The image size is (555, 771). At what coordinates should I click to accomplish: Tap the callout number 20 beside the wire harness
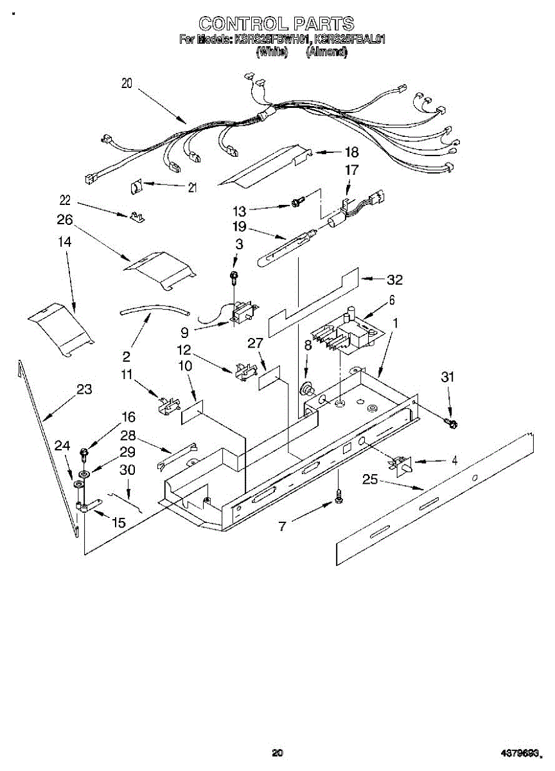click(x=127, y=83)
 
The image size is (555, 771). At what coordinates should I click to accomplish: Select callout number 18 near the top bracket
click(x=351, y=153)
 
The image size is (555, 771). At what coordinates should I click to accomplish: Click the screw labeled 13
click(x=296, y=202)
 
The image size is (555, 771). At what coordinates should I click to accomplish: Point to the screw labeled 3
click(x=234, y=277)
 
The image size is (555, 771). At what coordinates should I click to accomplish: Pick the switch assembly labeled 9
click(x=242, y=313)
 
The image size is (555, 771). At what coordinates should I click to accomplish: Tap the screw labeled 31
click(x=452, y=423)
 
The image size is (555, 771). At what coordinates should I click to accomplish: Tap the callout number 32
click(x=394, y=279)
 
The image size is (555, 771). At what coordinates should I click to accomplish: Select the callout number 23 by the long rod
click(x=84, y=389)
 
